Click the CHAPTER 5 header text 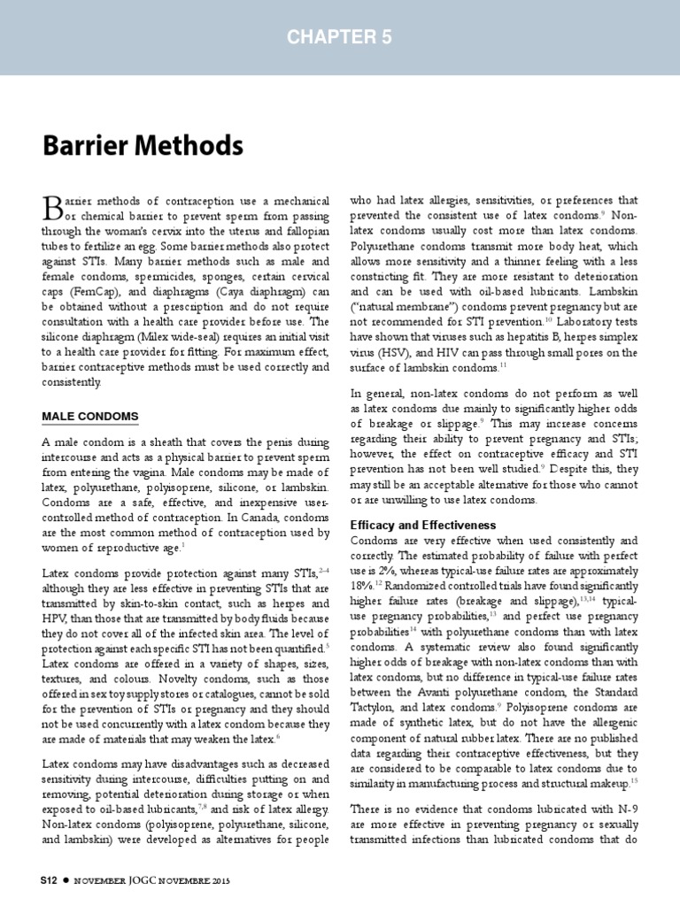[340, 36]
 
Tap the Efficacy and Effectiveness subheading [423, 525]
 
